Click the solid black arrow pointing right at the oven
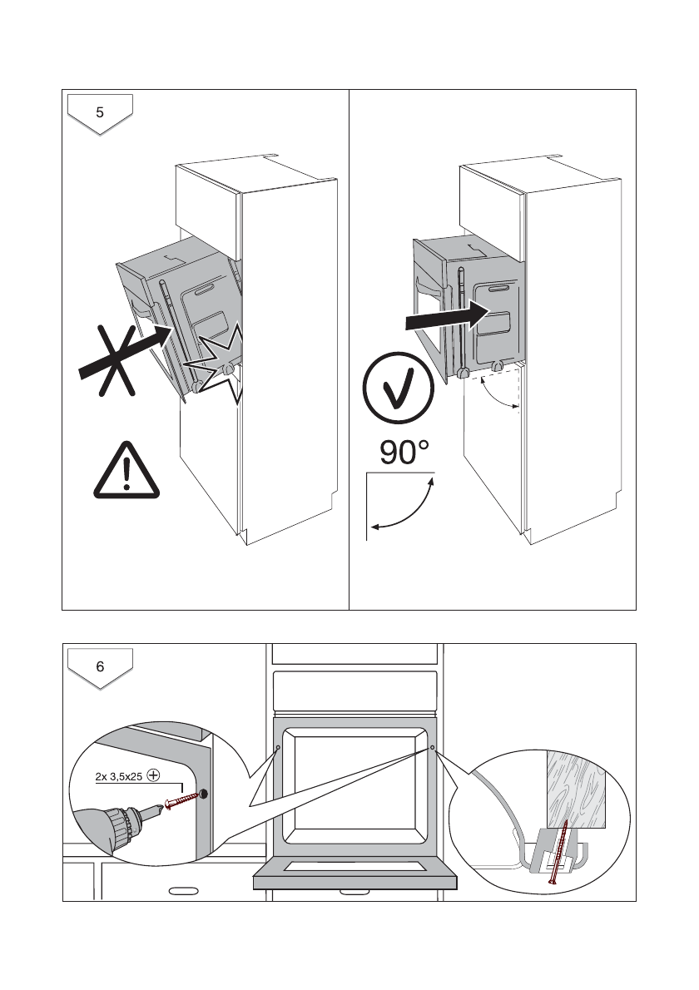446,315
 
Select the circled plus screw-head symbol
153,775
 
